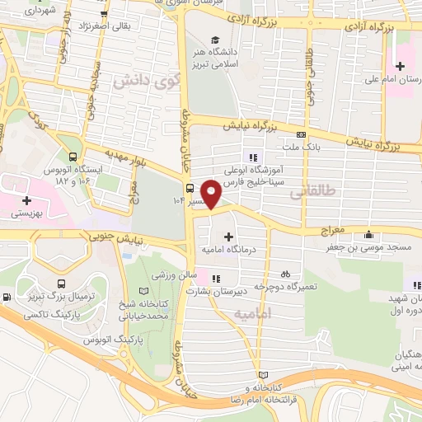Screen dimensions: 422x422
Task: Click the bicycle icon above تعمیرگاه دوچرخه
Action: (285, 273)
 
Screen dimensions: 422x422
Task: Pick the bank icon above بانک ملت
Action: (302, 134)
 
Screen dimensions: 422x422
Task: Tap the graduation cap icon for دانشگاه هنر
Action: (215, 40)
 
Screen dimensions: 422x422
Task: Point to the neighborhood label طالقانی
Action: (314, 191)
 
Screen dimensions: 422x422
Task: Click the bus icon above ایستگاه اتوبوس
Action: (74, 157)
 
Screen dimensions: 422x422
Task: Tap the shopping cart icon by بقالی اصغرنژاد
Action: (103, 15)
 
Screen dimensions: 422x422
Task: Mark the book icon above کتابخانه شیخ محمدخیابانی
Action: (145, 292)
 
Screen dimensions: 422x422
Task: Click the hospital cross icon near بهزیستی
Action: (27, 199)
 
